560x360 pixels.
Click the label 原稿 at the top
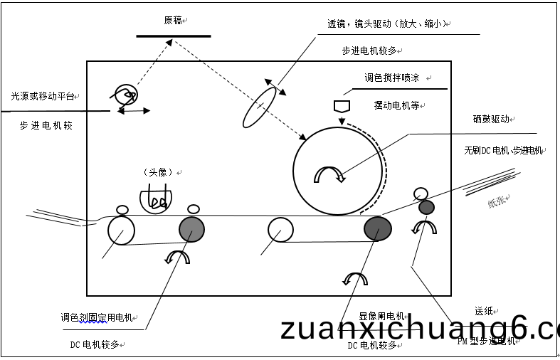(x=173, y=21)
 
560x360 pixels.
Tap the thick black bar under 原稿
(x=173, y=36)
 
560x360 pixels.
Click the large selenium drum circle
(x=339, y=170)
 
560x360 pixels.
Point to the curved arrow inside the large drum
(x=329, y=174)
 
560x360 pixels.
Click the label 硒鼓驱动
(x=491, y=120)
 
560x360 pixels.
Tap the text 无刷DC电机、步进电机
(x=503, y=150)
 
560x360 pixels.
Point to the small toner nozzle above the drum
(x=342, y=106)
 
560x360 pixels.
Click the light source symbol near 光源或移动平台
(x=126, y=94)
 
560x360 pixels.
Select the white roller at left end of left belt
(x=121, y=231)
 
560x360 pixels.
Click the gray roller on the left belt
(x=192, y=229)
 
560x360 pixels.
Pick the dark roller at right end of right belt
(x=377, y=228)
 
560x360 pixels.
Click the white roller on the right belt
(x=280, y=230)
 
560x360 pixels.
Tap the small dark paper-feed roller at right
(x=426, y=207)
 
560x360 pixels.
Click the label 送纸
(x=484, y=311)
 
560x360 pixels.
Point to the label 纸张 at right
(x=498, y=202)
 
